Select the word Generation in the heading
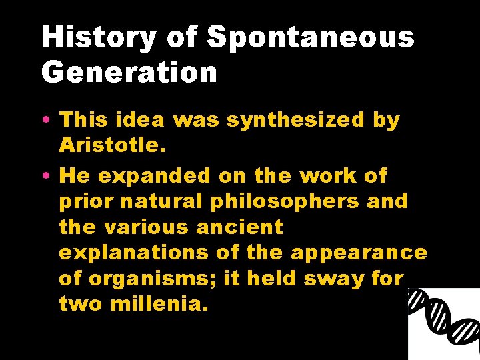129,72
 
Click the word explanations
135,253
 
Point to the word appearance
361,253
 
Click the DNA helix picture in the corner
444,324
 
